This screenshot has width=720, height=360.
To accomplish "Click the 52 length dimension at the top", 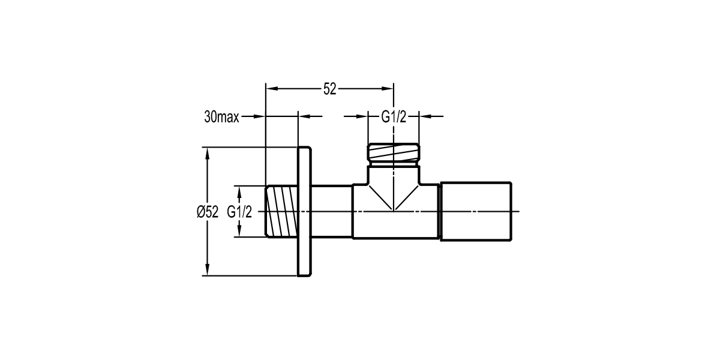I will [x=329, y=89].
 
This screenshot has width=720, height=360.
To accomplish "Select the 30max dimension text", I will [x=221, y=118].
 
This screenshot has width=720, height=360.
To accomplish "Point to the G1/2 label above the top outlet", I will [x=394, y=117].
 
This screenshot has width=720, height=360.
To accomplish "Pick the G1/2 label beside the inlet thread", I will [x=239, y=212].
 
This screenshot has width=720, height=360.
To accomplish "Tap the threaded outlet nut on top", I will [x=394, y=154].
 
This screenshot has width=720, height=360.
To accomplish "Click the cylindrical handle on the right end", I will [x=476, y=212].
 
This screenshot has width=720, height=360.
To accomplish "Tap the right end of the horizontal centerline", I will [x=521, y=212].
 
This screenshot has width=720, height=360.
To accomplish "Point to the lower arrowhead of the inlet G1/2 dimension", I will [x=239, y=232].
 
